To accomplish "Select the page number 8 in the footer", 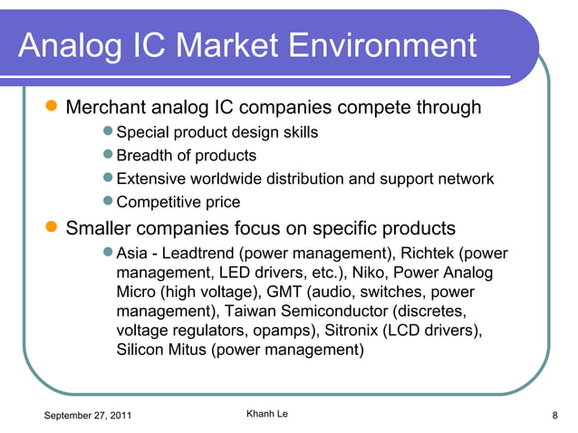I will [554, 416].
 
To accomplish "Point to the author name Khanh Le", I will [267, 415].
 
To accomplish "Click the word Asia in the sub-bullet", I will [133, 253].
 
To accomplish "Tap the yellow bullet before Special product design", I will [109, 132].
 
